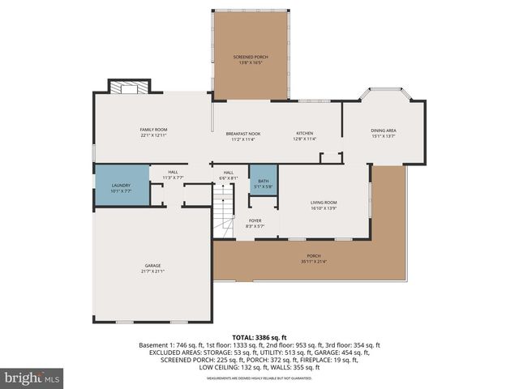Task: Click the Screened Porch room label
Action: coord(250,57)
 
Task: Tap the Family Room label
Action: coord(153,130)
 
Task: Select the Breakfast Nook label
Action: coord(243,134)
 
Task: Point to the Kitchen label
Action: coord(304,134)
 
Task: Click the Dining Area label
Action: coord(383,130)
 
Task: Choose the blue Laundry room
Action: coord(121,186)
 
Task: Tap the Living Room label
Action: coord(324,203)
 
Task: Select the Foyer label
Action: coord(255,220)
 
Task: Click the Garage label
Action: coord(153,266)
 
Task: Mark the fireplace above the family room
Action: coord(130,88)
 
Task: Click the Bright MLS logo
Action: coord(32,378)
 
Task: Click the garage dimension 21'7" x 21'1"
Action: coord(153,271)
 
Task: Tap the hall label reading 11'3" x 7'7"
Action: coord(174,177)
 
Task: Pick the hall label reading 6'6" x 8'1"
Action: coord(229,177)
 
